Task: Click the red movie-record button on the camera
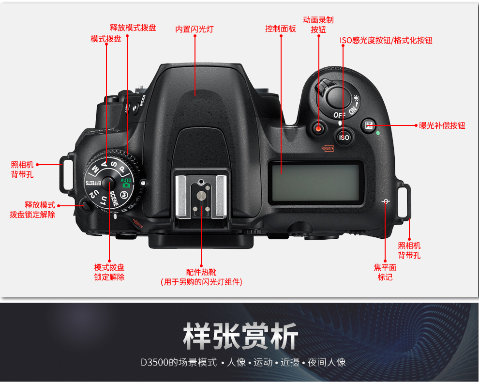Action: coord(318,129)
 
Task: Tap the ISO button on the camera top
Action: coord(344,138)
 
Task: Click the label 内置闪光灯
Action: coord(194,29)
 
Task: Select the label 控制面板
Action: coord(281,29)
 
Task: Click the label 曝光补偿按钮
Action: coord(442,125)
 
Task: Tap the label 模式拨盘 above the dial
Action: coord(106,39)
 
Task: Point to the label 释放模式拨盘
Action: coord(133,28)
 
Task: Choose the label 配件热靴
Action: coord(201,272)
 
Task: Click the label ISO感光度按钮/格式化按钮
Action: coord(386,41)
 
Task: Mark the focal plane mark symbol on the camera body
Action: coord(385,201)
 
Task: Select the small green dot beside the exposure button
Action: coord(377,133)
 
